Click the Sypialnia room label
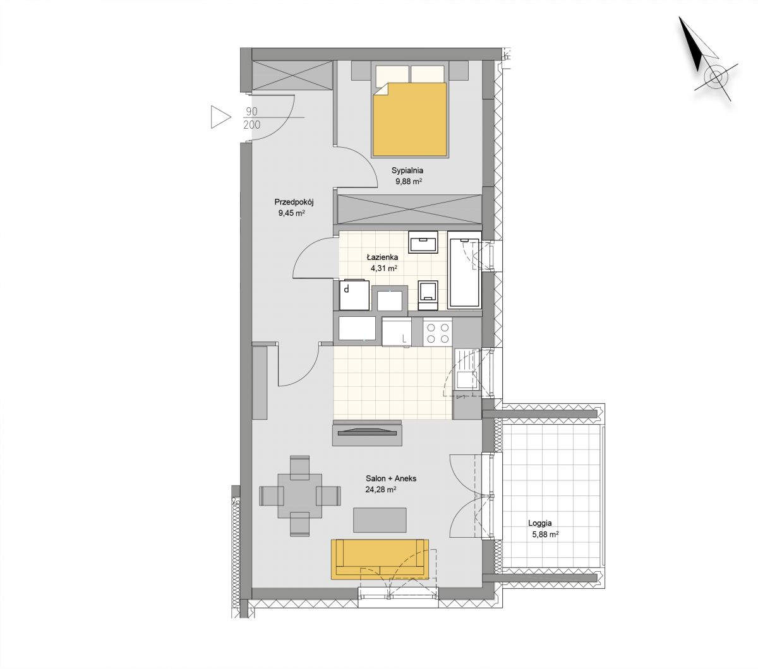407,170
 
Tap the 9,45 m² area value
291,213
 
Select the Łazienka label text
382,258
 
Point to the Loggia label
539,524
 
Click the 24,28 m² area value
380,490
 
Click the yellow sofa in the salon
380,559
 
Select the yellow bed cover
409,119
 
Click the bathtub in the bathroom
464,270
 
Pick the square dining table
299,496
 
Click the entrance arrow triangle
220,117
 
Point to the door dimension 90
251,112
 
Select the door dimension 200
252,124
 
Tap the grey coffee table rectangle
380,520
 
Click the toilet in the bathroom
428,295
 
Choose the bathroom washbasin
423,242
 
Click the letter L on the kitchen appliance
404,339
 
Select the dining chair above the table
299,468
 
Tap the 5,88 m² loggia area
545,535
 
